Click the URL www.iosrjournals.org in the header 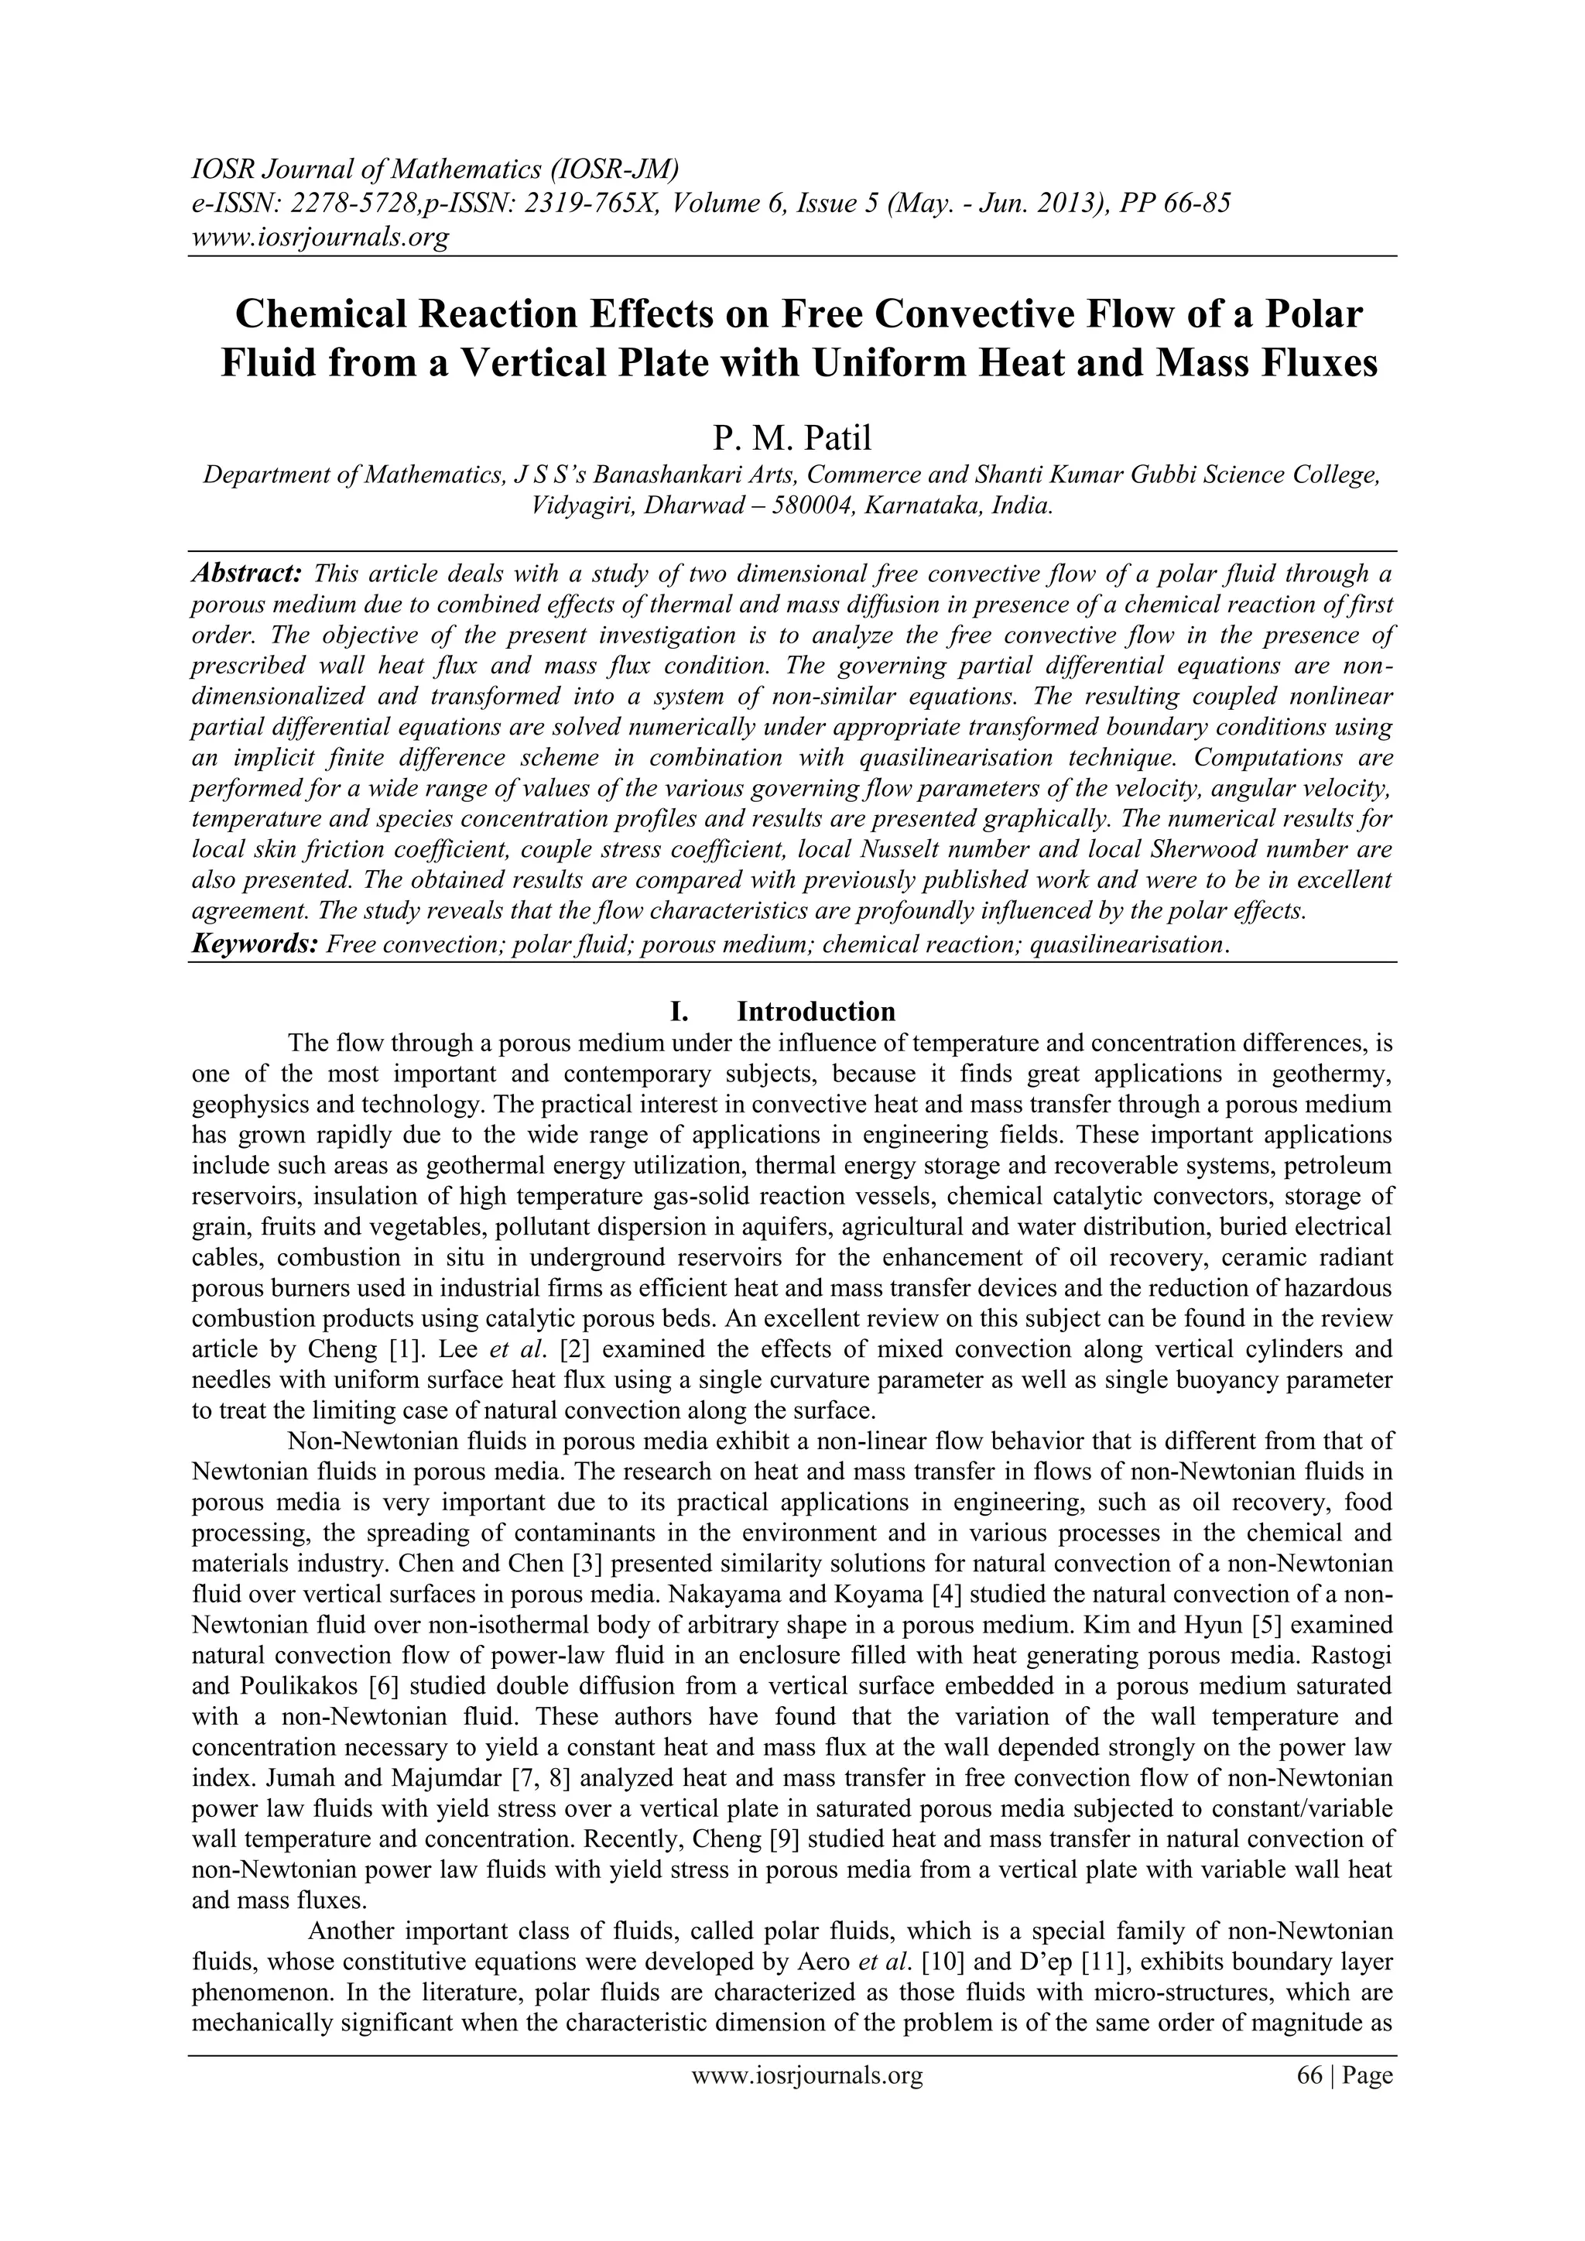pos(319,236)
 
